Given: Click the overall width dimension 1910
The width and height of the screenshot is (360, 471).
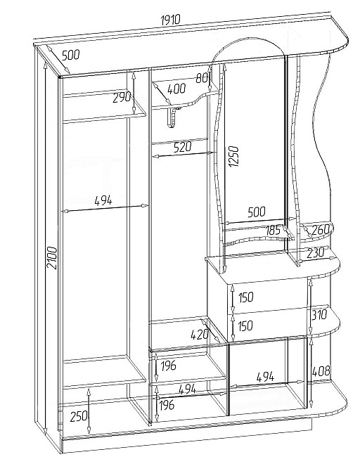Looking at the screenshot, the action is click(x=170, y=20).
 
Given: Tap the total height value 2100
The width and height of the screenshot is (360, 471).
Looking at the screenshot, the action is click(x=52, y=258).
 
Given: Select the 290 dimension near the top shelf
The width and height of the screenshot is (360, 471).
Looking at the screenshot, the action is click(x=122, y=98).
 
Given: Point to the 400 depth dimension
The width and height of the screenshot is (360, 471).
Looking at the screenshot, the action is click(x=176, y=89).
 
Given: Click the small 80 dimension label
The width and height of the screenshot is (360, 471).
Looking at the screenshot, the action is click(x=202, y=79).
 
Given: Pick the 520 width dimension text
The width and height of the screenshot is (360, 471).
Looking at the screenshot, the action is click(x=182, y=147).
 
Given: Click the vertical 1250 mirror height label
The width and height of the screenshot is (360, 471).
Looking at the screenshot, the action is click(x=233, y=156).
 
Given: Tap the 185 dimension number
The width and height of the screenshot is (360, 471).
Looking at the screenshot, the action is click(x=273, y=231).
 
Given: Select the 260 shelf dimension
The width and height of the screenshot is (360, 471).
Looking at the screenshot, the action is click(x=321, y=231).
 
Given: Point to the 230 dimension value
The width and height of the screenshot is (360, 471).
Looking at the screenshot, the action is click(x=316, y=252).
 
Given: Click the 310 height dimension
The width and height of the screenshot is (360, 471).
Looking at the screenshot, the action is click(x=319, y=315).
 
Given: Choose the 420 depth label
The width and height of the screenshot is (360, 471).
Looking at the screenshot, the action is click(x=200, y=334).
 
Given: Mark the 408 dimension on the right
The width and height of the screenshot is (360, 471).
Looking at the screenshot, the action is click(x=321, y=370).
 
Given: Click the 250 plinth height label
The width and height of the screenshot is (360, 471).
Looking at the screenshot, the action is click(x=79, y=417).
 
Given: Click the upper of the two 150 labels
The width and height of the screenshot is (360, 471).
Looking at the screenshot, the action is click(x=246, y=297).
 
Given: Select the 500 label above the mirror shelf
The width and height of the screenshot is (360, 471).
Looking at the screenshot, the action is click(x=257, y=212).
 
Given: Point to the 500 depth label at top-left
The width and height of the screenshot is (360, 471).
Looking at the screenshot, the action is click(x=71, y=55).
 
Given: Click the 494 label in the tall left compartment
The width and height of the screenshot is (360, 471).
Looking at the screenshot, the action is click(x=103, y=200).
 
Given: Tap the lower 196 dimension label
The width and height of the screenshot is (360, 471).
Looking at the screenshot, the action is click(x=167, y=405).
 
